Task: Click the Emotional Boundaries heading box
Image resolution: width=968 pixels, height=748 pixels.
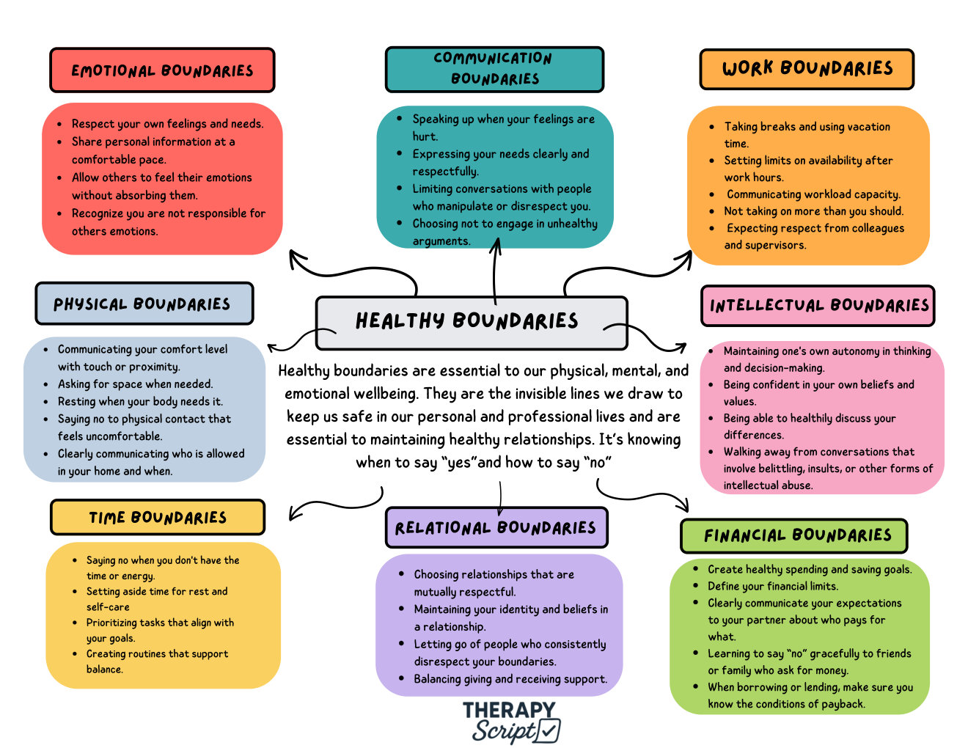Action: [162, 70]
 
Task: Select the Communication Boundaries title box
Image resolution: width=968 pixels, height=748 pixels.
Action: [494, 70]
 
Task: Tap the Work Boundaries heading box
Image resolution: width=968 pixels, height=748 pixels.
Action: [806, 69]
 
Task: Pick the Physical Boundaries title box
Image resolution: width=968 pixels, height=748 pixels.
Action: [144, 304]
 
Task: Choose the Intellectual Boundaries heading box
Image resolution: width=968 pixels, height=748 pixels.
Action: [818, 306]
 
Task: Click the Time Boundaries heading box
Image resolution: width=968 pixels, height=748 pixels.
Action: [158, 517]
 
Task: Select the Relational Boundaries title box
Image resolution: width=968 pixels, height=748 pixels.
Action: [496, 527]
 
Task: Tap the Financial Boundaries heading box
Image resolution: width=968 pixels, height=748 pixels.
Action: [793, 535]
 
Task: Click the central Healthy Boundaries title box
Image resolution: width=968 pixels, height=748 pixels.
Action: [472, 323]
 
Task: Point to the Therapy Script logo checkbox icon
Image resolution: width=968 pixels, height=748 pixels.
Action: [548, 730]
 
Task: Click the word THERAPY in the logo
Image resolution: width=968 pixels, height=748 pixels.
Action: [509, 710]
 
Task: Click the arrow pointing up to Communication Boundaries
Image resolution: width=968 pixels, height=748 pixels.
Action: [495, 271]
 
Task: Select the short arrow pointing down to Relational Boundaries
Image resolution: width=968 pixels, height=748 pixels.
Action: [500, 498]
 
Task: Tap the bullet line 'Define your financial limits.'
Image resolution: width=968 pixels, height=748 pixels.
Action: [773, 586]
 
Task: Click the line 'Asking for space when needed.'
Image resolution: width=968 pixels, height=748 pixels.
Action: [136, 384]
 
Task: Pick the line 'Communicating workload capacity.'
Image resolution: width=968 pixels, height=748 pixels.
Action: [813, 194]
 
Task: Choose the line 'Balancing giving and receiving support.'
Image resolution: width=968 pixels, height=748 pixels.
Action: [510, 678]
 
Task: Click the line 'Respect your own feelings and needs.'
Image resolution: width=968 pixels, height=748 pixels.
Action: [167, 123]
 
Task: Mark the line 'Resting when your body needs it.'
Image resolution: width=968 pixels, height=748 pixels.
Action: [140, 401]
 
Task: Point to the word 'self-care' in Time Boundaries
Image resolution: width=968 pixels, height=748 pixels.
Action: [108, 606]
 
